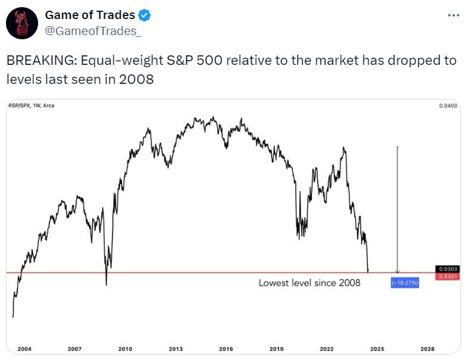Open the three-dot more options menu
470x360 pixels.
(x=453, y=15)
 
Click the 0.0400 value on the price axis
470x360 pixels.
(x=449, y=106)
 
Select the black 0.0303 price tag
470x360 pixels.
(x=447, y=270)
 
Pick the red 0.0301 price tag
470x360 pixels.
(x=447, y=276)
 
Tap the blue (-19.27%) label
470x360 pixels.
(x=405, y=283)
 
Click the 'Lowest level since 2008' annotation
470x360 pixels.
(x=309, y=283)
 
